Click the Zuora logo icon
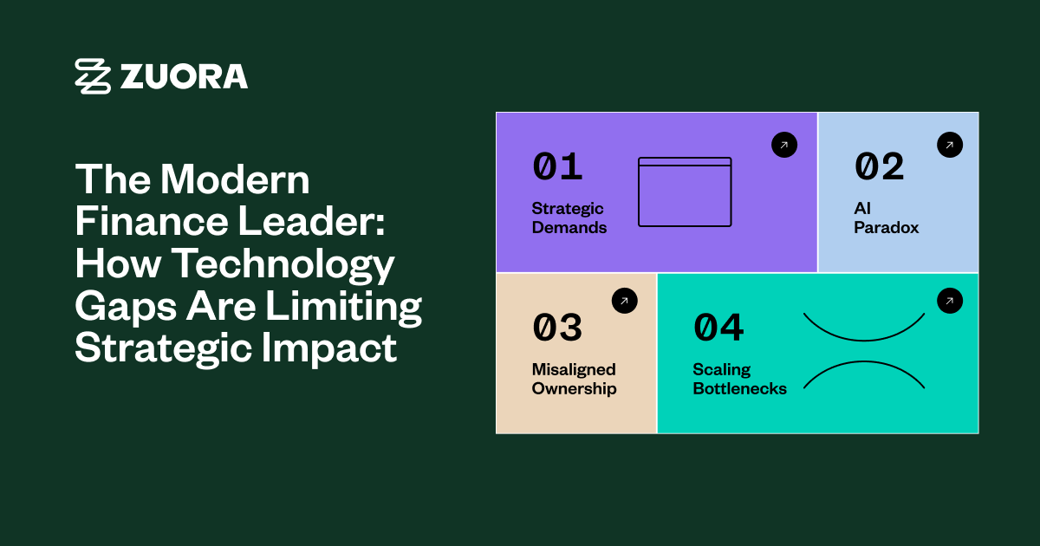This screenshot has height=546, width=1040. (x=93, y=76)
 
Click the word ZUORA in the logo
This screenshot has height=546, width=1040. (x=184, y=76)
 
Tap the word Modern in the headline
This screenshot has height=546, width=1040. (x=235, y=179)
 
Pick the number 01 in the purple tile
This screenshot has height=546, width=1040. (x=557, y=167)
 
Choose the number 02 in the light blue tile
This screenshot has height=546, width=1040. (x=879, y=167)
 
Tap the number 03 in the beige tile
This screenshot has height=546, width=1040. (x=557, y=328)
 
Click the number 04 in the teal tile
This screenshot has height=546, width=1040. (x=718, y=328)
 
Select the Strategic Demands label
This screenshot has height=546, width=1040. (x=569, y=218)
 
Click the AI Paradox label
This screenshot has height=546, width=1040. (x=886, y=218)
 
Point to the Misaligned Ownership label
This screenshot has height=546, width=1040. (x=574, y=380)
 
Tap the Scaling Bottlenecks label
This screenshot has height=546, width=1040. (x=739, y=380)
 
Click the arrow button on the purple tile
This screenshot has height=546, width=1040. (x=784, y=145)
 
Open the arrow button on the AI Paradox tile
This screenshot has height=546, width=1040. (x=950, y=145)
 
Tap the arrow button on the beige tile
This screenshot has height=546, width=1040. (x=624, y=301)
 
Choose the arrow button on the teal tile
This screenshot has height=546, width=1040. (x=950, y=301)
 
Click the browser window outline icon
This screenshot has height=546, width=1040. (x=685, y=192)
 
